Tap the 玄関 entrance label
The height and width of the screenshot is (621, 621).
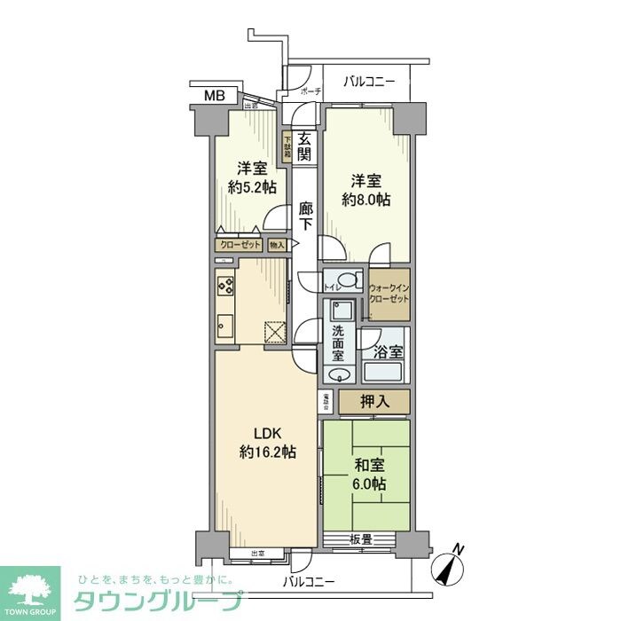coord(304,145)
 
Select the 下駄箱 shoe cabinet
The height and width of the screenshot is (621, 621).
coord(287,146)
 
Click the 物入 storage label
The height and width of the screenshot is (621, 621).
coord(277,244)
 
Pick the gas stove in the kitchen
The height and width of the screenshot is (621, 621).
coord(224,286)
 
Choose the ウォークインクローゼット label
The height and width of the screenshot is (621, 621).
coord(389,294)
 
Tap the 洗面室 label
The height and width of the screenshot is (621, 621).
coord(339,344)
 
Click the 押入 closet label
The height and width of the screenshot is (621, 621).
coord(373,402)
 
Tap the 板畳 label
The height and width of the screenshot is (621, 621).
coord(359,538)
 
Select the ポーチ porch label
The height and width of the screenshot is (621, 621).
coord(310,91)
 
